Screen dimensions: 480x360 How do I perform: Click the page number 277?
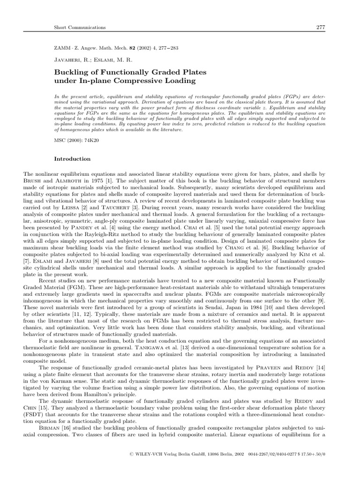pyautogui.click(x=321, y=28)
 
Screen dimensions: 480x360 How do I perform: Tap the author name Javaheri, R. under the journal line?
pyautogui.click(x=73, y=60)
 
